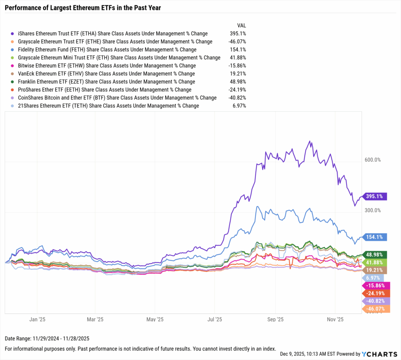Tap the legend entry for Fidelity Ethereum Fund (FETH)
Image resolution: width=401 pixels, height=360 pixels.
click(107, 50)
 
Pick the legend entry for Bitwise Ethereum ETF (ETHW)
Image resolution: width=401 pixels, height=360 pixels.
click(107, 66)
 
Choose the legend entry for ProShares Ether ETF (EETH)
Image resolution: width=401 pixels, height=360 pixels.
click(105, 90)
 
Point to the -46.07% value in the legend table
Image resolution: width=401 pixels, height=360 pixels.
click(237, 42)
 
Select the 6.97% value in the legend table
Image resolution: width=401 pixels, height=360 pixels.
click(239, 106)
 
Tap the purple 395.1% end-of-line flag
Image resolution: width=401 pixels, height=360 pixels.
click(376, 196)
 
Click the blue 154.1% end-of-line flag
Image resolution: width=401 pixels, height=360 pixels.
click(376, 237)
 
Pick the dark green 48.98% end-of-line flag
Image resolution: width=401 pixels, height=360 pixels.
click(376, 254)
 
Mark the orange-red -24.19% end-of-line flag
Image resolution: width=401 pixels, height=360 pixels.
click(376, 293)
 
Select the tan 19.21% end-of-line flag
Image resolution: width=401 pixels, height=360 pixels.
click(376, 270)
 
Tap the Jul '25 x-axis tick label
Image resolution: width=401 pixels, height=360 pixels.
click(215, 320)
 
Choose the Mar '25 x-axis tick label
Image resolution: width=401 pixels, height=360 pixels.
click(95, 320)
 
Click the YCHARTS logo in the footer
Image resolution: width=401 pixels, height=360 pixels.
click(379, 354)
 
